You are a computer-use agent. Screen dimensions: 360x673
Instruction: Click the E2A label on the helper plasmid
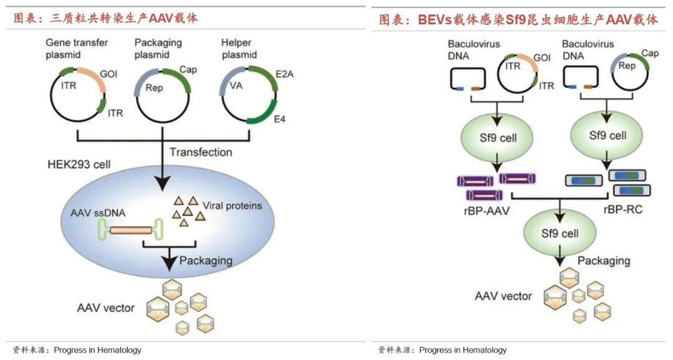(285, 73)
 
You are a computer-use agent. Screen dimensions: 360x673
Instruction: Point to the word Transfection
(201, 152)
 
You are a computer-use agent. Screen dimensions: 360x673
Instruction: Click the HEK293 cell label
(79, 165)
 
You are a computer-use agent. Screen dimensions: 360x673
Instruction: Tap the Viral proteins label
(232, 205)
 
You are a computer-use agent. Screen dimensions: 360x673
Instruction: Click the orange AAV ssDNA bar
(130, 230)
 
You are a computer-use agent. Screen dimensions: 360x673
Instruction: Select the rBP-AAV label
(485, 211)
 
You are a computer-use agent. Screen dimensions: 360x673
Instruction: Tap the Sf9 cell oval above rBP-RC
(608, 135)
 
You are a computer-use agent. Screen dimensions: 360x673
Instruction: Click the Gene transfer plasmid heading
(77, 49)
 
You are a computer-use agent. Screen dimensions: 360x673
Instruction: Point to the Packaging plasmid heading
(158, 49)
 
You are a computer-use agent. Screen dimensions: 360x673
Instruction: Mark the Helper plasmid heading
(239, 49)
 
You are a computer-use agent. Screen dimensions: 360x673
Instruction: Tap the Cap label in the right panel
(650, 54)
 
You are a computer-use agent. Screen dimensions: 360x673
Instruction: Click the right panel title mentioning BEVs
(518, 20)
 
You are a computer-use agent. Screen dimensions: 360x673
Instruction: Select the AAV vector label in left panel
(106, 308)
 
